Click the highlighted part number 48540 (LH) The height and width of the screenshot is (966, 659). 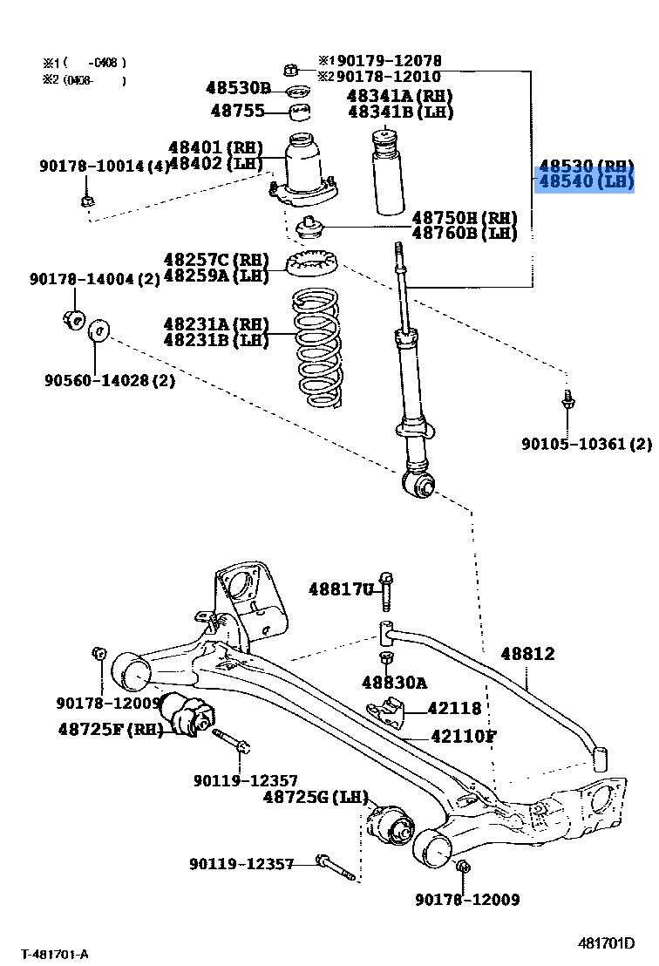point(586,181)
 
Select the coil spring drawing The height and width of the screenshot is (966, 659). point(316,348)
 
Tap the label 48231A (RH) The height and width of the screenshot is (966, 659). point(216,324)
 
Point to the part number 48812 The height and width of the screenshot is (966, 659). point(528,654)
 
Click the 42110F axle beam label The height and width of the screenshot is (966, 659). point(464,736)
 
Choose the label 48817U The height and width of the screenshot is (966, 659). point(341,589)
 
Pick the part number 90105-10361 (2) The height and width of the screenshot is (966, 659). point(587,444)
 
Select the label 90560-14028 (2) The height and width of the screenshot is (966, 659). point(110,380)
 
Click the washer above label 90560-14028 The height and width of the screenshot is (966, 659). point(98,330)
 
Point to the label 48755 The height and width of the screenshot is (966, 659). point(238,111)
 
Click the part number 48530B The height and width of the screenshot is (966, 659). point(238,88)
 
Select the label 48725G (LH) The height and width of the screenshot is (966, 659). point(316,797)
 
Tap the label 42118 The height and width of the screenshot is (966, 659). point(454,709)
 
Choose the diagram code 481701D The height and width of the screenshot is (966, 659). point(606,943)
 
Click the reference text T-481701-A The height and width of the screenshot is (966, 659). point(56,955)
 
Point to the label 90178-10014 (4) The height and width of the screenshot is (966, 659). point(105,166)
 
